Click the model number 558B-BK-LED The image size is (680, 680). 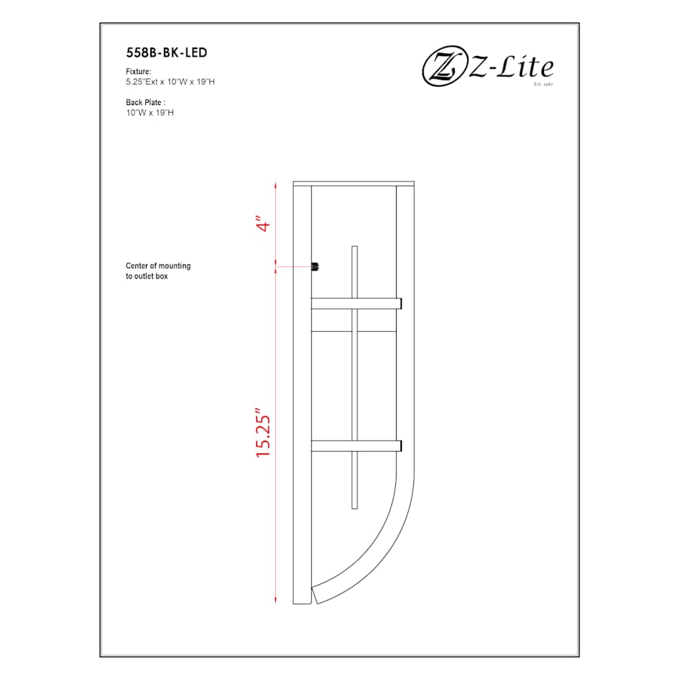[x=166, y=53]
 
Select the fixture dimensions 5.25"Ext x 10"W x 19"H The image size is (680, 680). [x=171, y=81]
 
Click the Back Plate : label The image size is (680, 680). [x=146, y=102]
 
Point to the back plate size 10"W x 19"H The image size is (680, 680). [x=150, y=112]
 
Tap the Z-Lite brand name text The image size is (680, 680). [x=512, y=68]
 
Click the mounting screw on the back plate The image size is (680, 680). [x=316, y=265]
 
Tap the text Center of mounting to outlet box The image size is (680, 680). [x=158, y=271]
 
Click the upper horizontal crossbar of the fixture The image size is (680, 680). [x=355, y=304]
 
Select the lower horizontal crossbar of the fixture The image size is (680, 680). [x=355, y=446]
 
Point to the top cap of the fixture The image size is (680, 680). [x=354, y=183]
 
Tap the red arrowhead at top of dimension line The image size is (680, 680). [x=276, y=185]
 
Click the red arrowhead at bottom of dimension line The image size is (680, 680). [x=276, y=600]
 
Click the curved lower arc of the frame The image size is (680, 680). [x=386, y=544]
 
